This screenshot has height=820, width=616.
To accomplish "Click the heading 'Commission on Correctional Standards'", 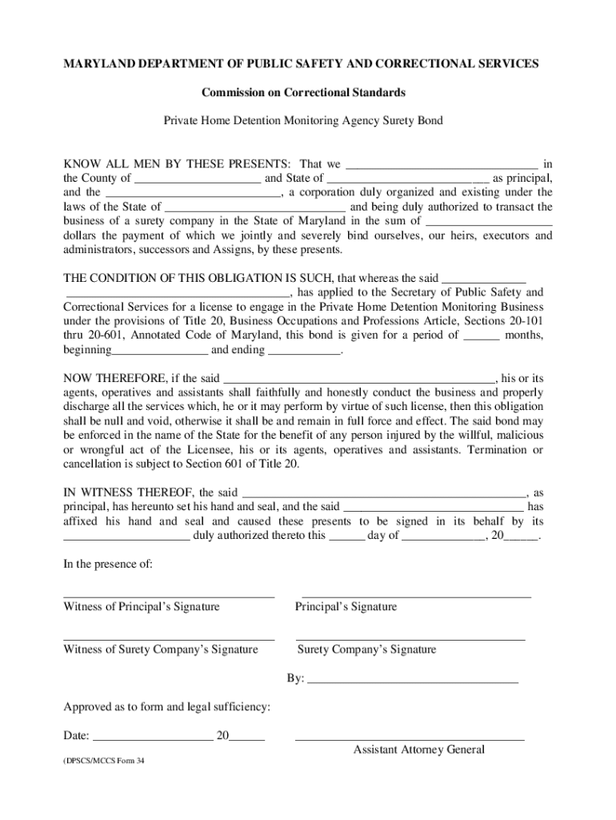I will (303, 93).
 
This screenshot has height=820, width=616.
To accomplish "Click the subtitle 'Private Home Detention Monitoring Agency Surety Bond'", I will (303, 121).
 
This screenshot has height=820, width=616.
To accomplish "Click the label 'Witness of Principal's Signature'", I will (142, 607).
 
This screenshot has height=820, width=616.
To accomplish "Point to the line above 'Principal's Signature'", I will (416, 597).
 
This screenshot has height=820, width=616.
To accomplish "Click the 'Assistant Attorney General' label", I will (419, 750).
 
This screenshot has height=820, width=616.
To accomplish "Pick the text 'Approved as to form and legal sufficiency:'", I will (166, 707).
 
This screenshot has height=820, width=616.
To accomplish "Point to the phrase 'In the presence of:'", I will (108, 564).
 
